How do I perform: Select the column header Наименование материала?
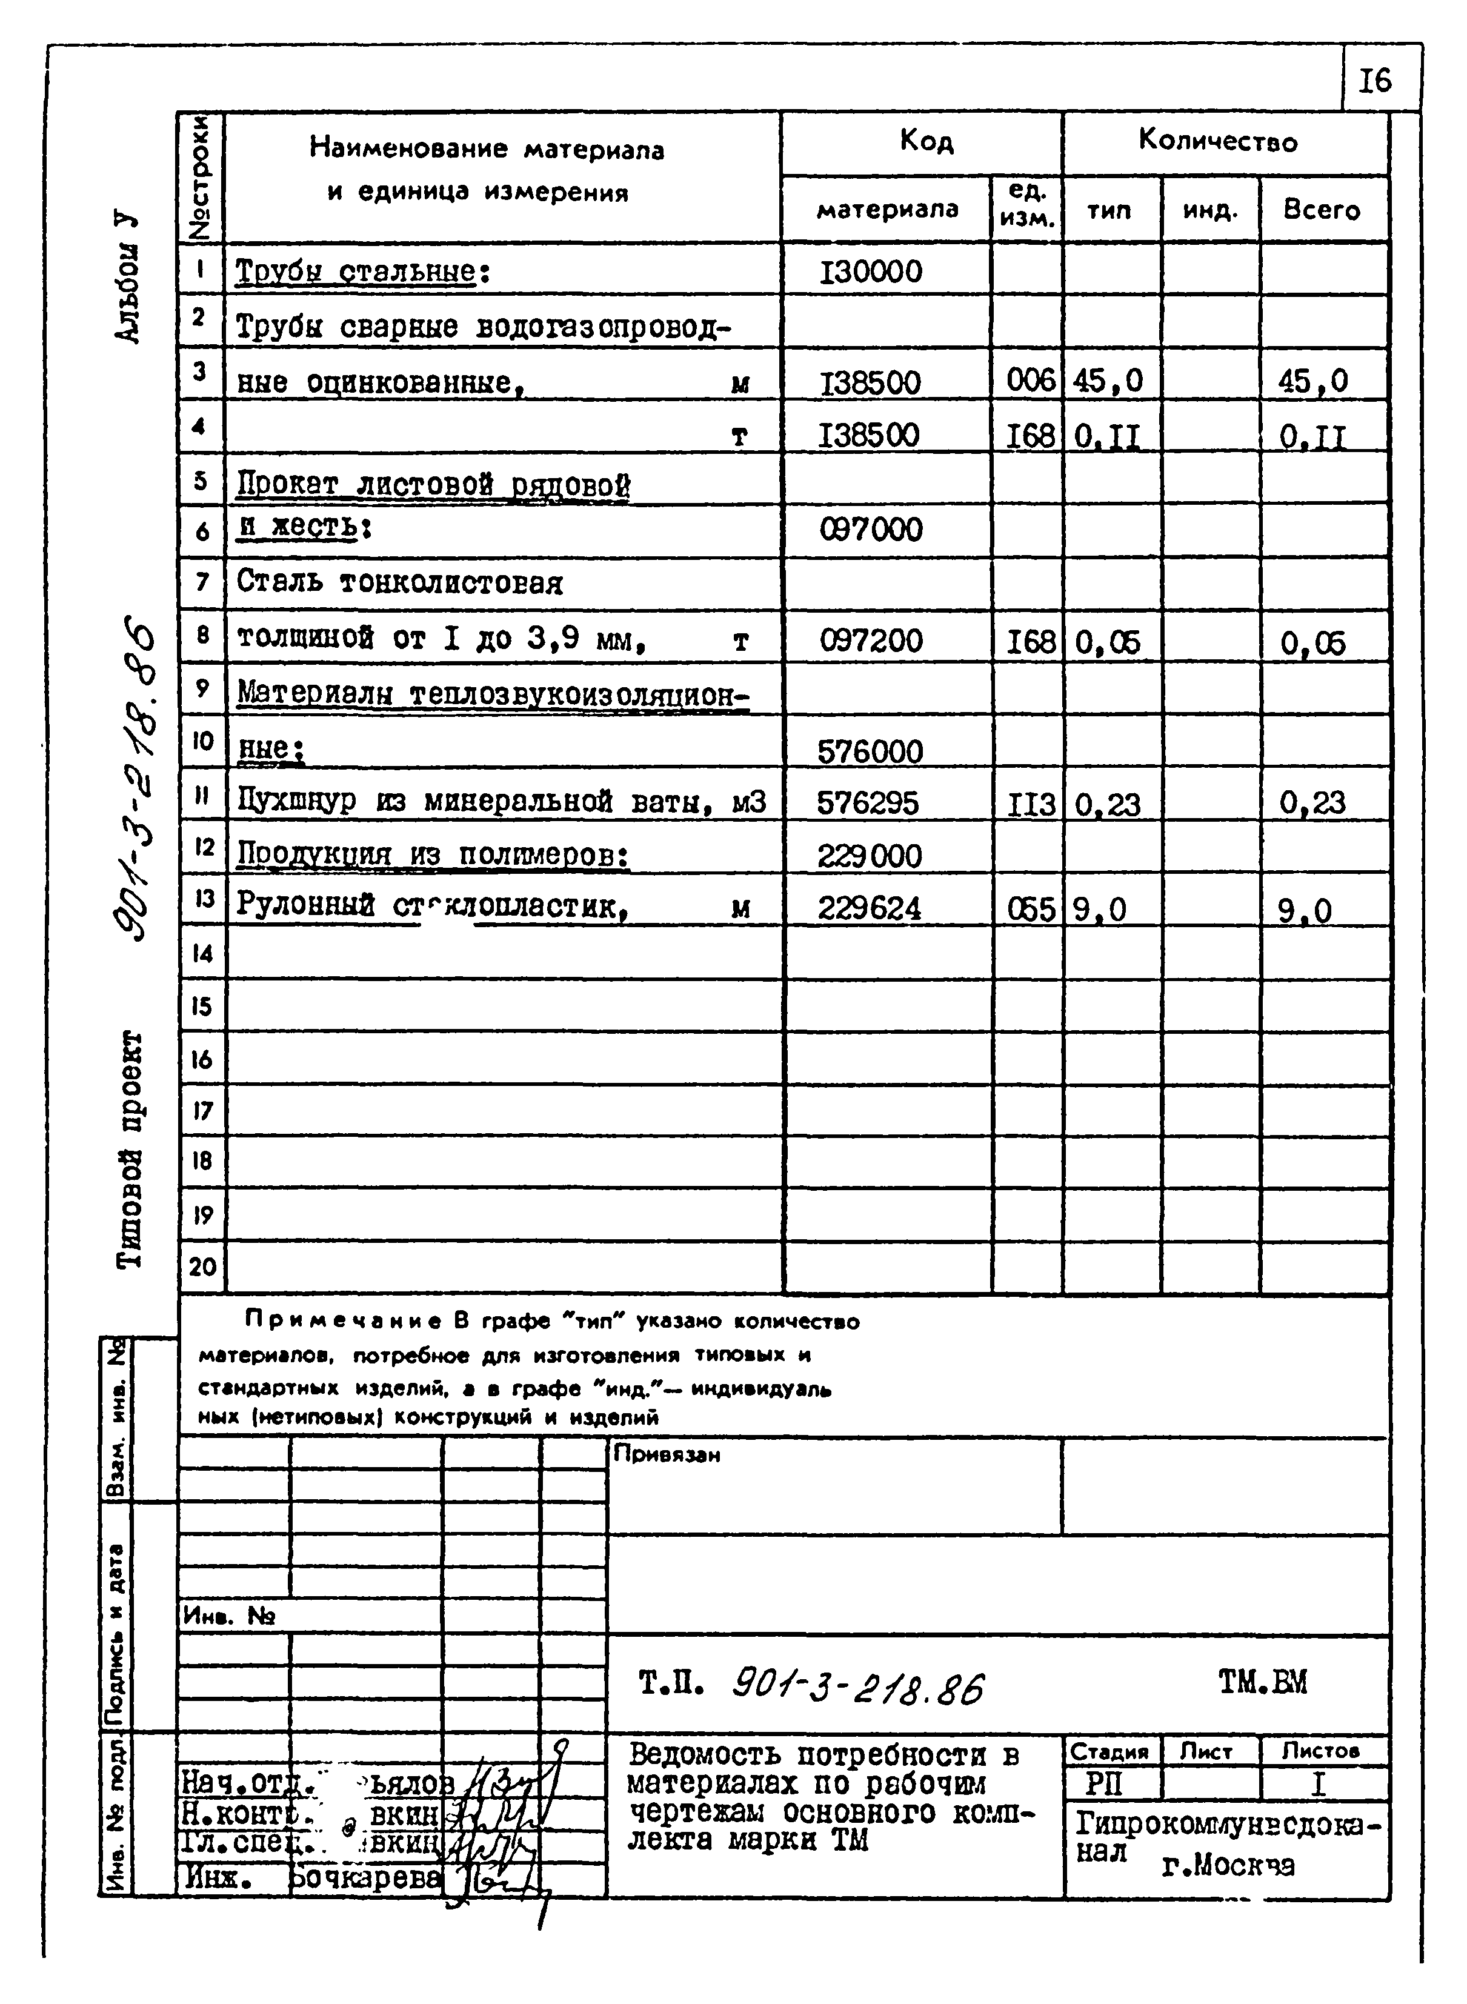point(487,149)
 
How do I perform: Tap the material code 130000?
point(871,271)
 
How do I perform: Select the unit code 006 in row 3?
point(1030,381)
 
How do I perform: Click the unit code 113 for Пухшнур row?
point(1030,804)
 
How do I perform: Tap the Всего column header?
point(1322,210)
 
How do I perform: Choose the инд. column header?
point(1209,210)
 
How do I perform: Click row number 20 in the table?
point(202,1266)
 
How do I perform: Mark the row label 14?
point(202,954)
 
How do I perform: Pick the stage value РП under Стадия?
point(1104,1784)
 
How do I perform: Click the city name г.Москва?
point(1227,1865)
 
